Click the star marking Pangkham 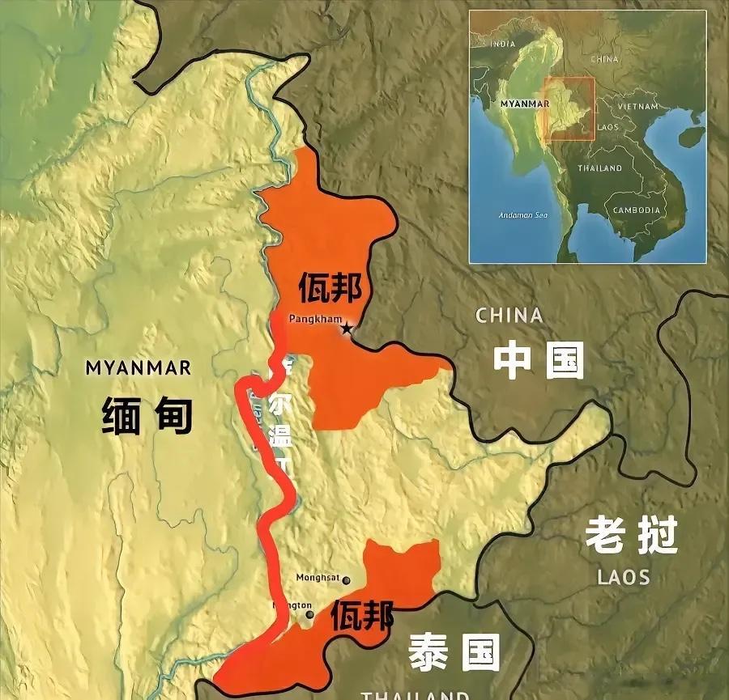347,328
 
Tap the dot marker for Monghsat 347,579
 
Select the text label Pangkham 316,319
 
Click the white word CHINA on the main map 509,316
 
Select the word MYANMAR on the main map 139,368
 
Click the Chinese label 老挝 631,535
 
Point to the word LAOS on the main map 624,577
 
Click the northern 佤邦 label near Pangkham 330,286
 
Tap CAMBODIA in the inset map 637,210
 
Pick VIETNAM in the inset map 637,106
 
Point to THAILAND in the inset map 599,168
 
